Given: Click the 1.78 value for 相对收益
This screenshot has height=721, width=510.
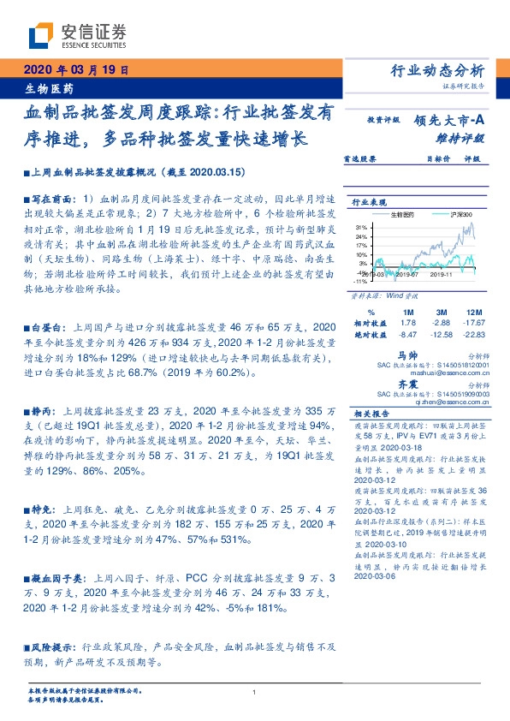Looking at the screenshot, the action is (407, 322).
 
